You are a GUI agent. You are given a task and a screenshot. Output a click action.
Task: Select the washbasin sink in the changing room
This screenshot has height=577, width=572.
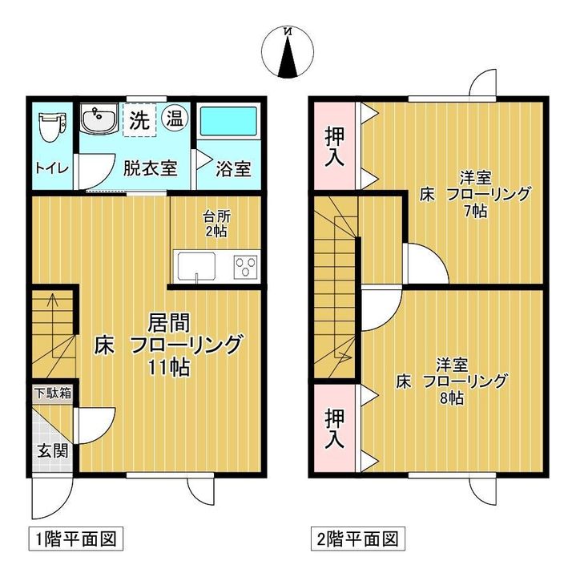tap(98, 121)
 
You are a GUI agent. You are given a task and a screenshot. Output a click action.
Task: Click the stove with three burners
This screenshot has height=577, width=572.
tap(246, 265)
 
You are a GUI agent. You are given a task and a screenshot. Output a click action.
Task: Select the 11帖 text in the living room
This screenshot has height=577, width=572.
tap(167, 369)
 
